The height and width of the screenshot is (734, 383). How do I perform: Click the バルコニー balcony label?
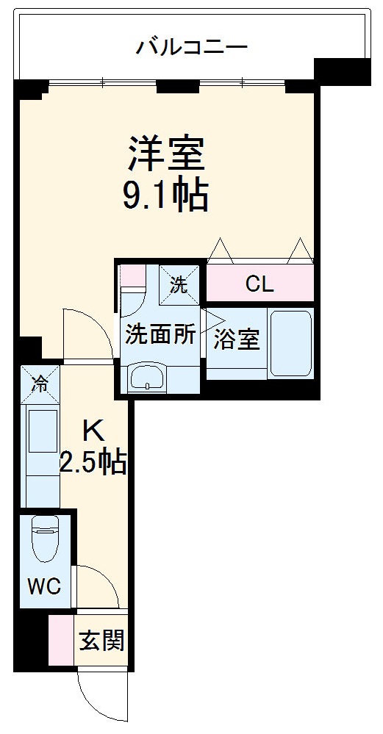coord(191,48)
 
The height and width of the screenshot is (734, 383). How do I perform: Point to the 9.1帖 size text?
coord(166,195)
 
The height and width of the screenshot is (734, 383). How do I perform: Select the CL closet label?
coord(259,284)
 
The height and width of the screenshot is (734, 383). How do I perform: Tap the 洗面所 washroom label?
coord(160,335)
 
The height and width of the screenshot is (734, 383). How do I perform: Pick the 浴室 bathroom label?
coord(237,340)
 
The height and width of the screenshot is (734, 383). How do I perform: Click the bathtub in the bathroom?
coord(291,343)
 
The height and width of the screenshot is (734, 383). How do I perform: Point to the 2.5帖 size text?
coord(93,463)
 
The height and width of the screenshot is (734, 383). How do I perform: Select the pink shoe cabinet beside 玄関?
coord(62,641)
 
